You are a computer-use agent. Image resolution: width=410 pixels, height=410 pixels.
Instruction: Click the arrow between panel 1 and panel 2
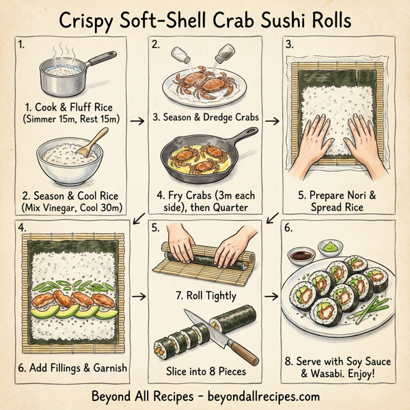point(137,120)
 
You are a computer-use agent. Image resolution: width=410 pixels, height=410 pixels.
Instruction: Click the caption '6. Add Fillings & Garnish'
point(72,368)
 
